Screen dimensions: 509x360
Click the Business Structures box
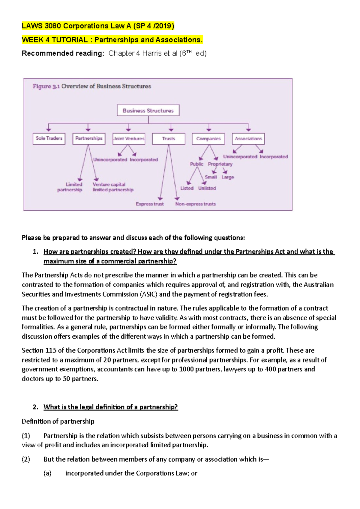[148, 110]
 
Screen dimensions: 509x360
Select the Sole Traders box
[49, 138]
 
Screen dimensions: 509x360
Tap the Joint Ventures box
[129, 138]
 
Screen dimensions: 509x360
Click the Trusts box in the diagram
[169, 138]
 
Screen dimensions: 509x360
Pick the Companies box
[208, 138]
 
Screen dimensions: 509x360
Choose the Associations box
[248, 138]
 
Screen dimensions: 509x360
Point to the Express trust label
[150, 204]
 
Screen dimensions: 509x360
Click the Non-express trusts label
[195, 204]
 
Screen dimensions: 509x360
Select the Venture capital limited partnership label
[113, 187]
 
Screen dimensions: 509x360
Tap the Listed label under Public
[187, 188]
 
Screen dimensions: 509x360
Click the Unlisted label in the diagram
[207, 188]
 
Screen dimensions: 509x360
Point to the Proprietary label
[220, 164]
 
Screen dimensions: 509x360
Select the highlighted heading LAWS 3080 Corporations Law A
[98, 26]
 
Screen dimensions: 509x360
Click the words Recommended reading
[63, 53]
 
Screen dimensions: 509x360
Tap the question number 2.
[35, 407]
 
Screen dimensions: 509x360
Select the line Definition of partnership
[58, 421]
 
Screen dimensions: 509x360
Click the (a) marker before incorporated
[47, 473]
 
